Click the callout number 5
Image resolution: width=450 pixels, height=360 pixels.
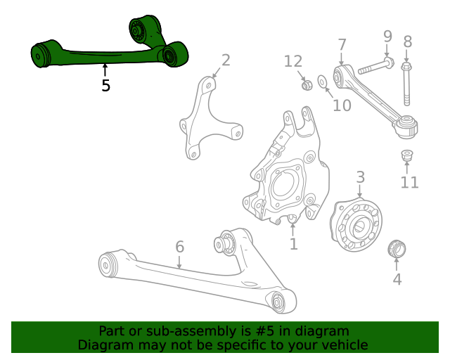tap(105, 86)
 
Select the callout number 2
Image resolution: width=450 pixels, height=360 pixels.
tap(226, 60)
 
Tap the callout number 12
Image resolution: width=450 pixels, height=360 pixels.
tap(292, 61)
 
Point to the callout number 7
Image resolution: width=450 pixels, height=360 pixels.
tap(342, 45)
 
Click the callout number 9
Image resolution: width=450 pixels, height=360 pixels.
tap(387, 35)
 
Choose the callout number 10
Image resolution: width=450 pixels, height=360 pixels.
tap(342, 105)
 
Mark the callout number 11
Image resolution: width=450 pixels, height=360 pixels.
tap(409, 183)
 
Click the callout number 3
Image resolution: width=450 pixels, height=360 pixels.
tap(359, 176)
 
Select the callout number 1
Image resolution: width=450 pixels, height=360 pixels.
tap(294, 244)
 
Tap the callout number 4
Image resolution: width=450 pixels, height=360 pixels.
tap(397, 279)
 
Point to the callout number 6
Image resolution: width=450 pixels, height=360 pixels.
tap(179, 247)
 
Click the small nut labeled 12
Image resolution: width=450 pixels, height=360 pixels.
tap(307, 85)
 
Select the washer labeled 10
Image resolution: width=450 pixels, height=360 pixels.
tap(323, 83)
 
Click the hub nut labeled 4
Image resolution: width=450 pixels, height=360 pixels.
tap(397, 248)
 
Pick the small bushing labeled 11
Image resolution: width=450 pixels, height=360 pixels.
tap(406, 154)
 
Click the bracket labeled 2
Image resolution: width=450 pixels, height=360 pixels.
tap(205, 120)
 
